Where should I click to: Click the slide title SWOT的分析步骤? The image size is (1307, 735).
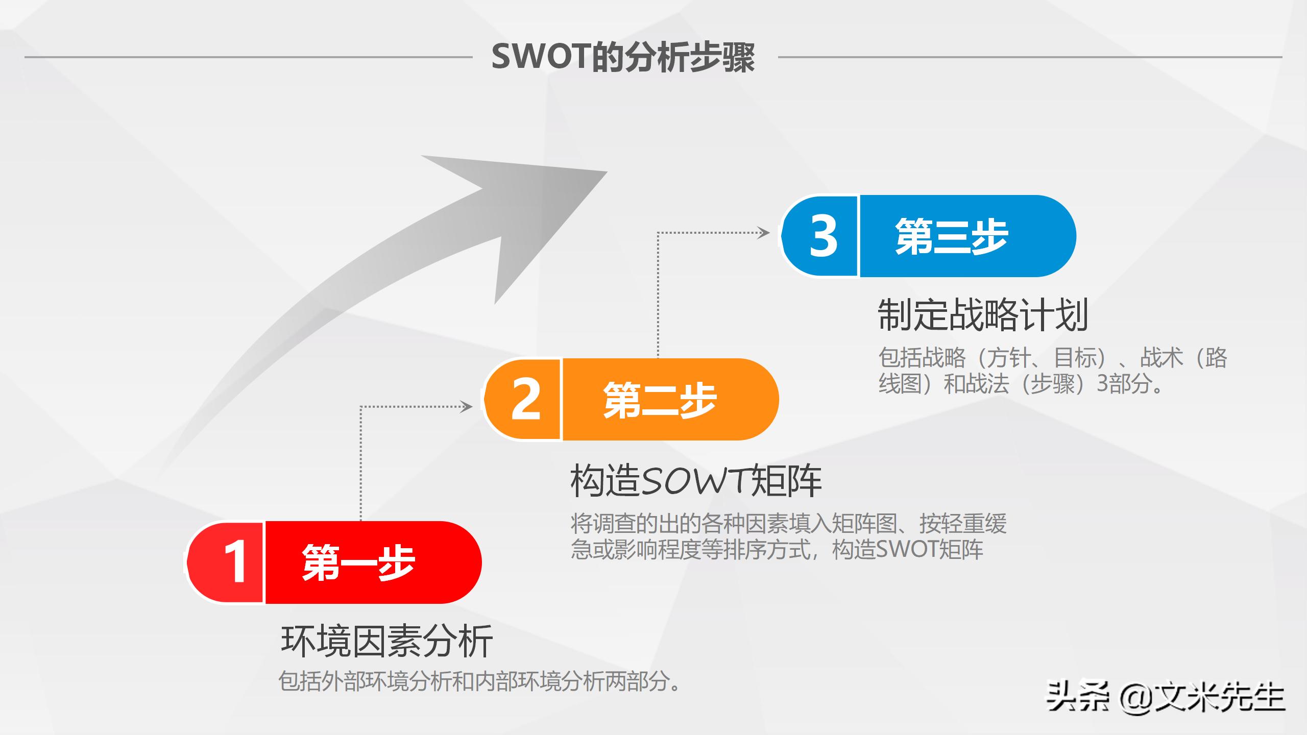623,57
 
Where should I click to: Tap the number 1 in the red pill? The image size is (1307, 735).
235,562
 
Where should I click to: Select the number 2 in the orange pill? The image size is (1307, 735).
525,399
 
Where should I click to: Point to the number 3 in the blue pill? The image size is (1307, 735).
823,236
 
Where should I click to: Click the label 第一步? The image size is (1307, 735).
358,562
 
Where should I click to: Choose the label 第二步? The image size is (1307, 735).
660,400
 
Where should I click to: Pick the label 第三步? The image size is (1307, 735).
952,236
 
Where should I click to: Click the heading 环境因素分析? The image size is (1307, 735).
386,642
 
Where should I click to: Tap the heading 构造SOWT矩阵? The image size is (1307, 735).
695,481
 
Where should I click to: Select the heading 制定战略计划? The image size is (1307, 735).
983,315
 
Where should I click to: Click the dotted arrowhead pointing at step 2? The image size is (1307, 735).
467,407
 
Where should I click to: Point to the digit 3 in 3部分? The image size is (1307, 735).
1103,383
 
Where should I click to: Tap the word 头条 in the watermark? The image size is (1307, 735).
1077,697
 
